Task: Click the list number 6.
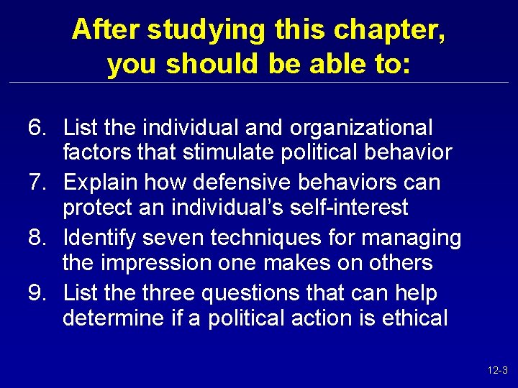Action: [x=37, y=128]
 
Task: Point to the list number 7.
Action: [x=37, y=183]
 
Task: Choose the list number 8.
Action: [x=37, y=237]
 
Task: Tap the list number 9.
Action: [x=37, y=292]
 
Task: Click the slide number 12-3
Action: [x=498, y=371]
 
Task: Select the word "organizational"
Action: [x=361, y=129]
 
